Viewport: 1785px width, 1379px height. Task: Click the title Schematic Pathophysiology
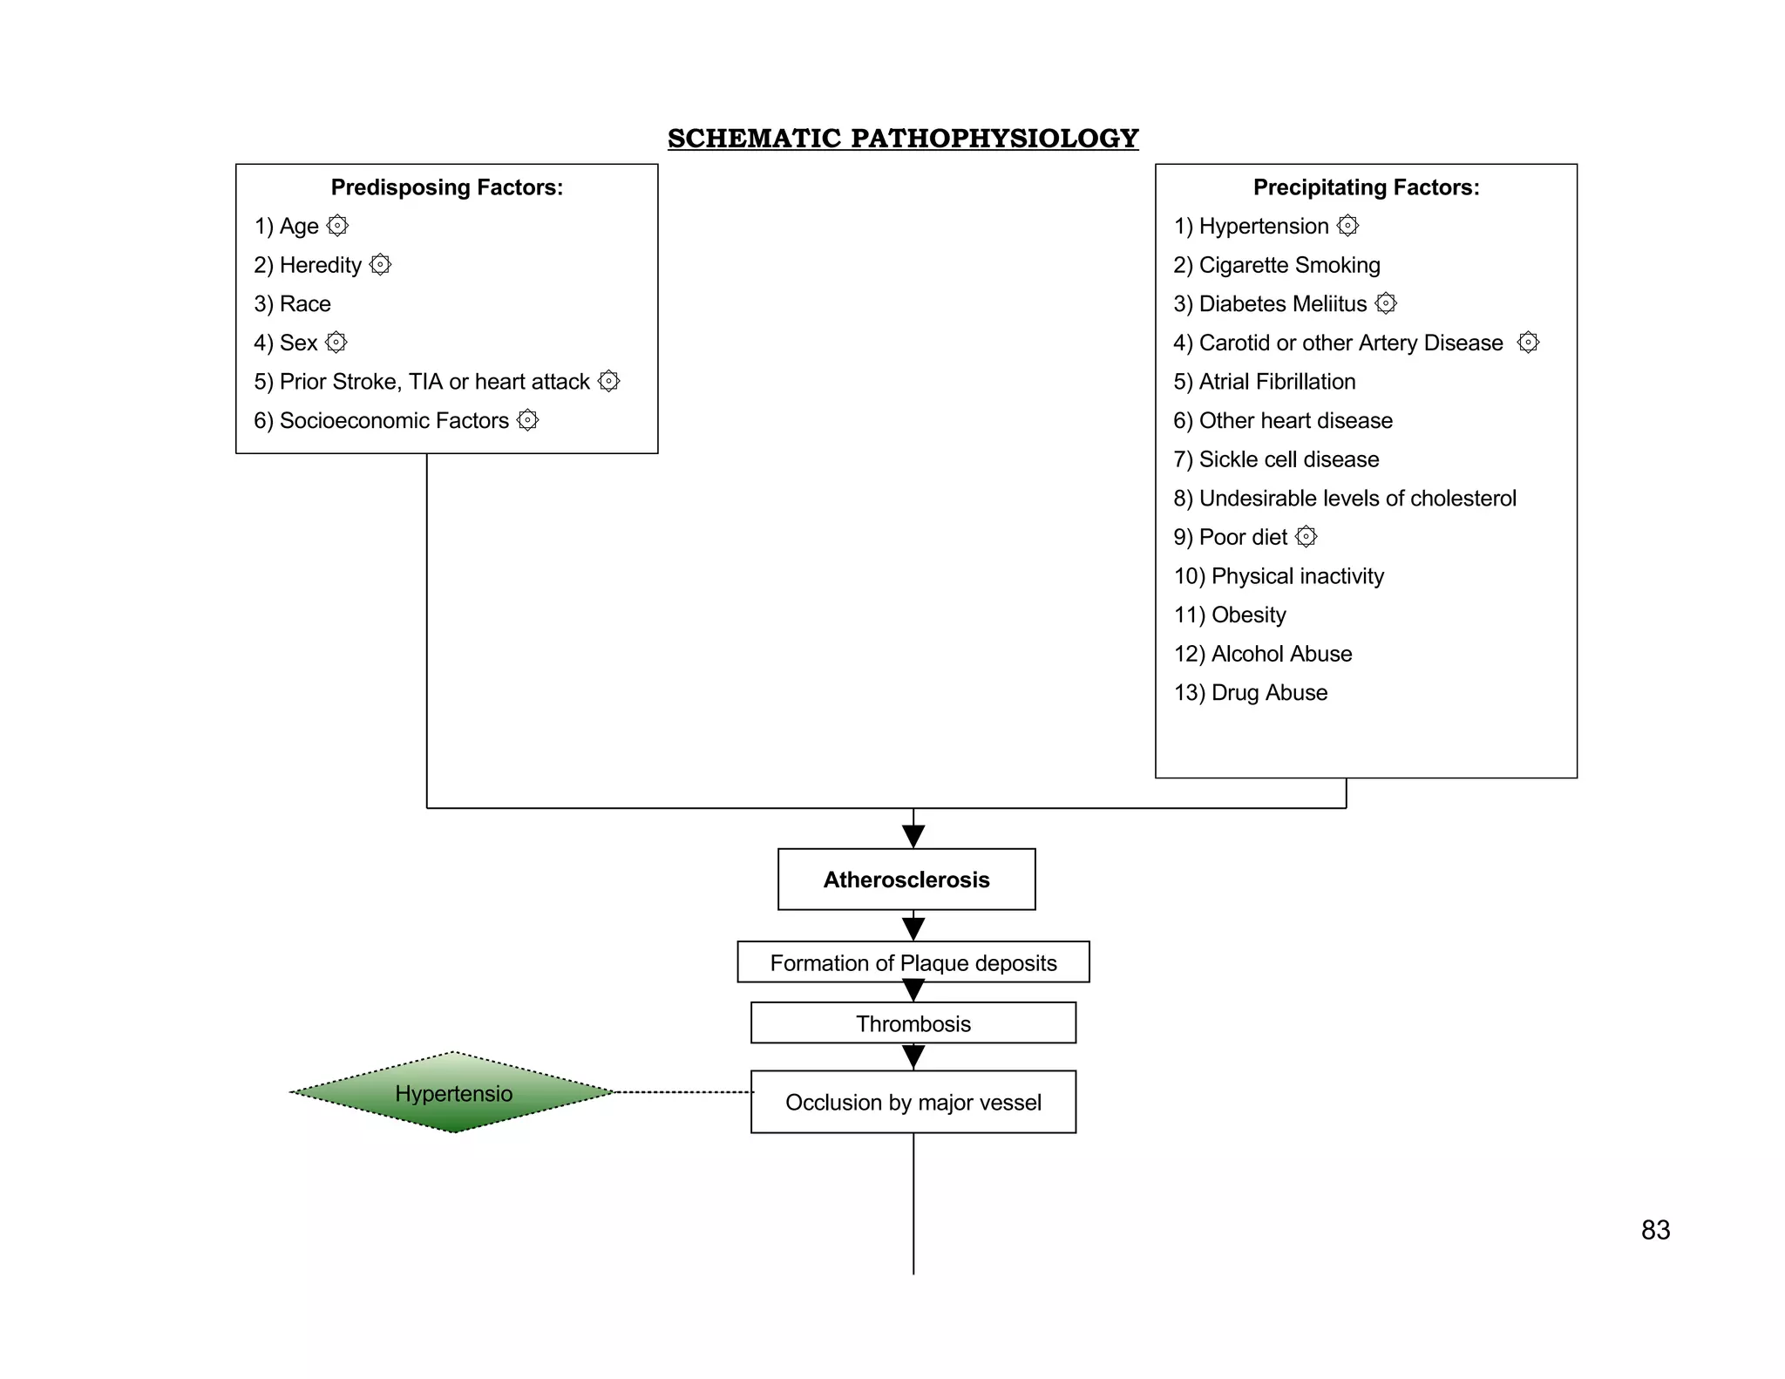coord(903,139)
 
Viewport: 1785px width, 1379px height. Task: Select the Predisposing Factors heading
coord(446,187)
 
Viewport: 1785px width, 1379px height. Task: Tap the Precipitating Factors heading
coord(1366,187)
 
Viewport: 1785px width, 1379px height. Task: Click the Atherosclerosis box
coord(906,880)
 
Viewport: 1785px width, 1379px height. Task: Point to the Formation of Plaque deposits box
coord(913,962)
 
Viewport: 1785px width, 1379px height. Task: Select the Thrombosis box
coord(913,1023)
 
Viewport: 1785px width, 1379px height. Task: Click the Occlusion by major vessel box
coord(913,1102)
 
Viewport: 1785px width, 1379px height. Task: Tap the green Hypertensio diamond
coord(453,1093)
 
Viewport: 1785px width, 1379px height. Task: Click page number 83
coord(1655,1230)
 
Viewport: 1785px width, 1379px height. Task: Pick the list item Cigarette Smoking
coord(1277,265)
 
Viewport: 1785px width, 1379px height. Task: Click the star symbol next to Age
coord(337,226)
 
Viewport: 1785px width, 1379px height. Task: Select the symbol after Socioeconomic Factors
coord(527,420)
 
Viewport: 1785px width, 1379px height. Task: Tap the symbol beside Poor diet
coord(1306,537)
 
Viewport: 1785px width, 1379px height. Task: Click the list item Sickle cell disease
coord(1277,459)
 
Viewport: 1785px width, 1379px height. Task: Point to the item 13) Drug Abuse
coord(1251,693)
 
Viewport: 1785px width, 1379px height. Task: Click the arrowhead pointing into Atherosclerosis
coord(913,837)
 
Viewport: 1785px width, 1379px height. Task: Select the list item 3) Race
coord(293,304)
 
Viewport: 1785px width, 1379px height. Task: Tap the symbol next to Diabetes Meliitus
coord(1386,303)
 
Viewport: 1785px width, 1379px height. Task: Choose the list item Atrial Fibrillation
coord(1265,382)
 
